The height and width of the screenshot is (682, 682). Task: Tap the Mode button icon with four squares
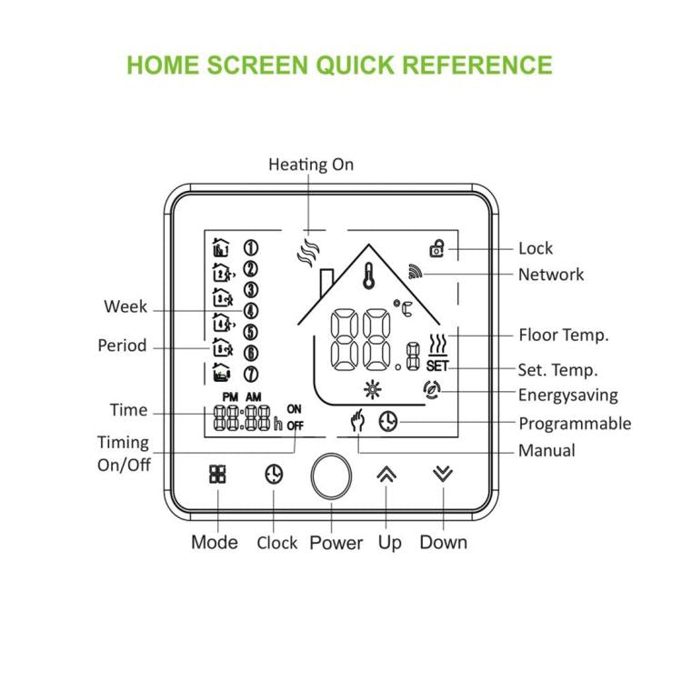coord(217,474)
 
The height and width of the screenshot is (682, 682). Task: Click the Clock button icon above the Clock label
coord(274,474)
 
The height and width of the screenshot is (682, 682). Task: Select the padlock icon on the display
coord(437,247)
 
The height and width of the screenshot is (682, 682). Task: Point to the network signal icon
coord(416,272)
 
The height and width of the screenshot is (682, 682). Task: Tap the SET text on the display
coord(436,366)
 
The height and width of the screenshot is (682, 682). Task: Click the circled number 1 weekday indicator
coord(250,247)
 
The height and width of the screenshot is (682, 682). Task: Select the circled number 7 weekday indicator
coord(250,374)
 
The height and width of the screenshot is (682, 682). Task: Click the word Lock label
coord(535,248)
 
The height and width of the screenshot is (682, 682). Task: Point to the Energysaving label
coord(567,395)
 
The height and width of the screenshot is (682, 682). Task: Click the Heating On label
coord(311,165)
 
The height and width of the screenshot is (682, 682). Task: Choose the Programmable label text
coord(574,423)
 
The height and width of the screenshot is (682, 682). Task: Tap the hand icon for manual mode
coord(360,423)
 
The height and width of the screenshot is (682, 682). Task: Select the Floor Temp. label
coord(563,335)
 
